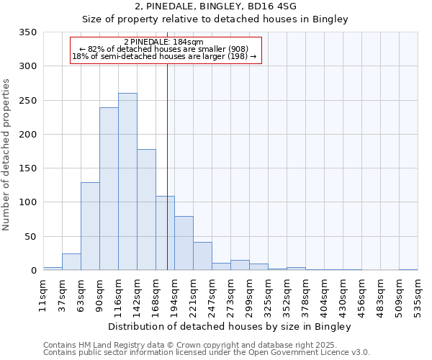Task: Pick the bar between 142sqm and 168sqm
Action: [x=146, y=210]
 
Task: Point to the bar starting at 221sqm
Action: [x=202, y=256]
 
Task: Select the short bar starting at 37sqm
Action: [x=71, y=262]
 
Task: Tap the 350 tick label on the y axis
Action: [x=27, y=32]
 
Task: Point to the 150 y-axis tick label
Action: [x=27, y=168]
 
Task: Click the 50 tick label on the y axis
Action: [x=30, y=237]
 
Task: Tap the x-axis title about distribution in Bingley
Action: [x=230, y=327]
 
